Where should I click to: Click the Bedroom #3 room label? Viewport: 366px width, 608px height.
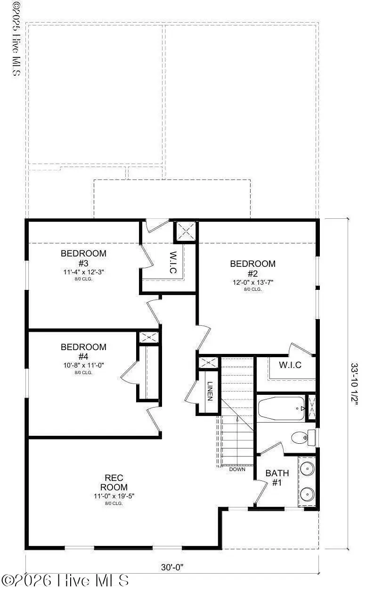pyautogui.click(x=83, y=258)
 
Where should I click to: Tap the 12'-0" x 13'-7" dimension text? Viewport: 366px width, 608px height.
pyautogui.click(x=252, y=282)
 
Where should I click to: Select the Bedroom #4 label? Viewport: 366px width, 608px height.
pyautogui.click(x=83, y=352)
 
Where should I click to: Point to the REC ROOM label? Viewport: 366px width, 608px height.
pyautogui.click(x=110, y=482)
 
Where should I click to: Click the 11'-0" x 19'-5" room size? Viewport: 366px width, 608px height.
pyautogui.click(x=110, y=496)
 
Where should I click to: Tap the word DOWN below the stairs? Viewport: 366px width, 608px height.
pyautogui.click(x=237, y=469)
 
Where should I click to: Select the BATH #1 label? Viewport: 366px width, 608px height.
pyautogui.click(x=277, y=478)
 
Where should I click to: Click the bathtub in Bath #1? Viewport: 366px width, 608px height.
pyautogui.click(x=281, y=407)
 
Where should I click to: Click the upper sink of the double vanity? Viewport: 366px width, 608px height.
pyautogui.click(x=307, y=468)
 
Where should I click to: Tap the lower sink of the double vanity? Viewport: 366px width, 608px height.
pyautogui.click(x=307, y=494)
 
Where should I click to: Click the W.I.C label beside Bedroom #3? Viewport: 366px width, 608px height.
pyautogui.click(x=173, y=263)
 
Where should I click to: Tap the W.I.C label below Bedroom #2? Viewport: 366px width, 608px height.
pyautogui.click(x=290, y=365)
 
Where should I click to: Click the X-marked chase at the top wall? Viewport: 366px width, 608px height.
pyautogui.click(x=185, y=231)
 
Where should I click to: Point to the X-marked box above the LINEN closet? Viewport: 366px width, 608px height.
pyautogui.click(x=208, y=362)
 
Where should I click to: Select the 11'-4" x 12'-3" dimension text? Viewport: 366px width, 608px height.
pyautogui.click(x=83, y=272)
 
